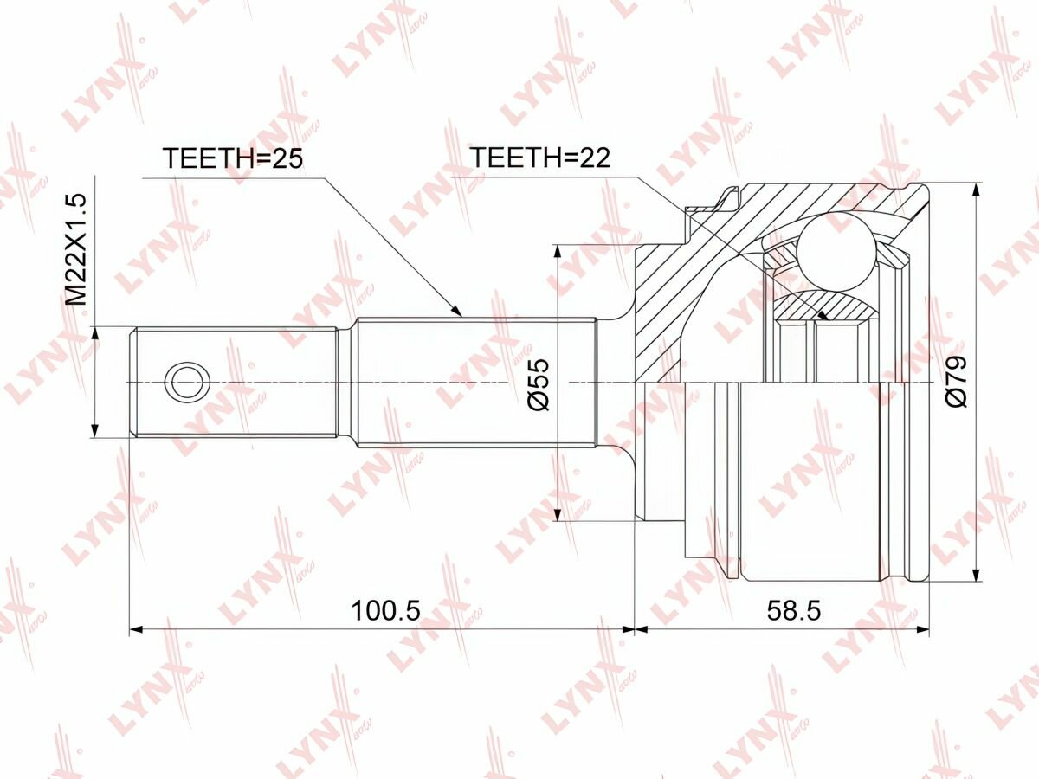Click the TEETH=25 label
(x=232, y=158)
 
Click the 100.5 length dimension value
(x=385, y=610)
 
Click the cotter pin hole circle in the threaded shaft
(x=187, y=382)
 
